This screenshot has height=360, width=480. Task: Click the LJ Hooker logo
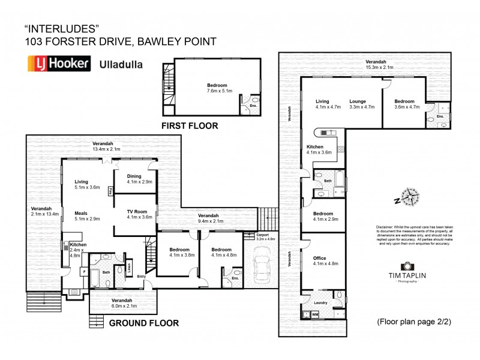coord(58,64)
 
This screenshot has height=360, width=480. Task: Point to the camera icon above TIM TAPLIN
coord(407,266)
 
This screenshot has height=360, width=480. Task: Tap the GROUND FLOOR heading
coord(143,323)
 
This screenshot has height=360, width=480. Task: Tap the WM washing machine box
coord(315,314)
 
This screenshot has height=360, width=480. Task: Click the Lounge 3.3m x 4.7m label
coord(362,104)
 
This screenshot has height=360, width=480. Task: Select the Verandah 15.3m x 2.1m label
coord(376,65)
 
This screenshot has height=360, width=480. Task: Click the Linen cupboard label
coord(128,266)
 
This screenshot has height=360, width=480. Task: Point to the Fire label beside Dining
coord(110,191)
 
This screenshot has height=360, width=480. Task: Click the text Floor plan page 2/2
coord(413,322)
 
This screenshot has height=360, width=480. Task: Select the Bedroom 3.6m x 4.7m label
coord(404,104)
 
